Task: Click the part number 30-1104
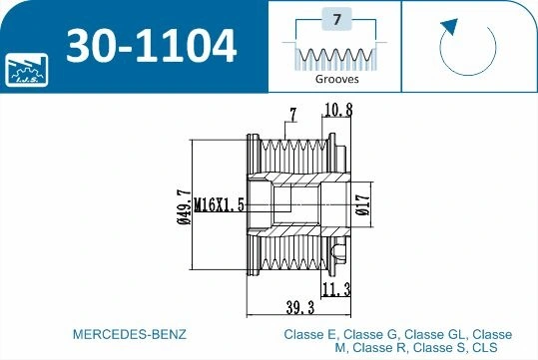click(x=151, y=46)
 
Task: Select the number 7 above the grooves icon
click(x=336, y=19)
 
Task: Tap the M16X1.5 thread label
click(x=222, y=204)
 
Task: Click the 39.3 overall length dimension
click(x=294, y=307)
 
